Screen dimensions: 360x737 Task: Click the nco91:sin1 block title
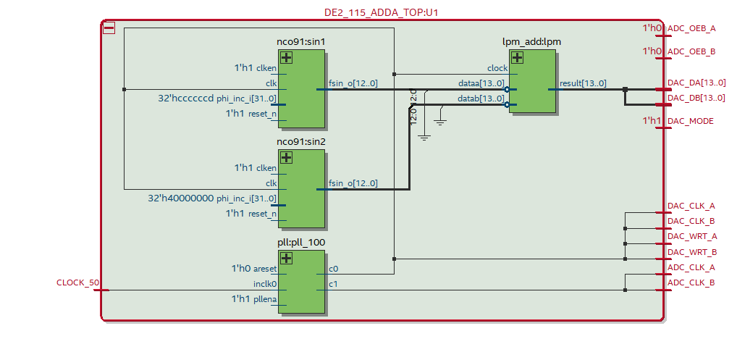(300, 42)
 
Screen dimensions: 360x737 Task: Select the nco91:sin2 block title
(300, 142)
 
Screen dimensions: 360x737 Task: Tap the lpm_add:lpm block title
(531, 42)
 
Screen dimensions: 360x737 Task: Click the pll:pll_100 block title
(301, 243)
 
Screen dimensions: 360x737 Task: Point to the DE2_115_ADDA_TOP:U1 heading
(381, 12)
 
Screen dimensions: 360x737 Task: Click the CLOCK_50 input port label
(78, 282)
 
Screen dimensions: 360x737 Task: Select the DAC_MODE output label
(690, 121)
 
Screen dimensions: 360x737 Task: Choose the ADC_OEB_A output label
(691, 28)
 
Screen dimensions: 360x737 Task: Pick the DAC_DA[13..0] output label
(696, 83)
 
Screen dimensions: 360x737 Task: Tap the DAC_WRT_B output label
(692, 251)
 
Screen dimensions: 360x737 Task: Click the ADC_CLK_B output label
(691, 282)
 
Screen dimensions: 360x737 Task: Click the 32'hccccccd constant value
(186, 98)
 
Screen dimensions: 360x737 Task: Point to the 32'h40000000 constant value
(181, 198)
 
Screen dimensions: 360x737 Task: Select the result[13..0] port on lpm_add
(583, 83)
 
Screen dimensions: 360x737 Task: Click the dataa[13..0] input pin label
(481, 83)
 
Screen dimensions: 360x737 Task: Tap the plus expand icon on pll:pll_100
(287, 259)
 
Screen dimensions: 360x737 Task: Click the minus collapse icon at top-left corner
(109, 28)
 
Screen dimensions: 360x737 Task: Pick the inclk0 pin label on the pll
(265, 283)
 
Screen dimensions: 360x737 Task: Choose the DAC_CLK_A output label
(691, 206)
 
